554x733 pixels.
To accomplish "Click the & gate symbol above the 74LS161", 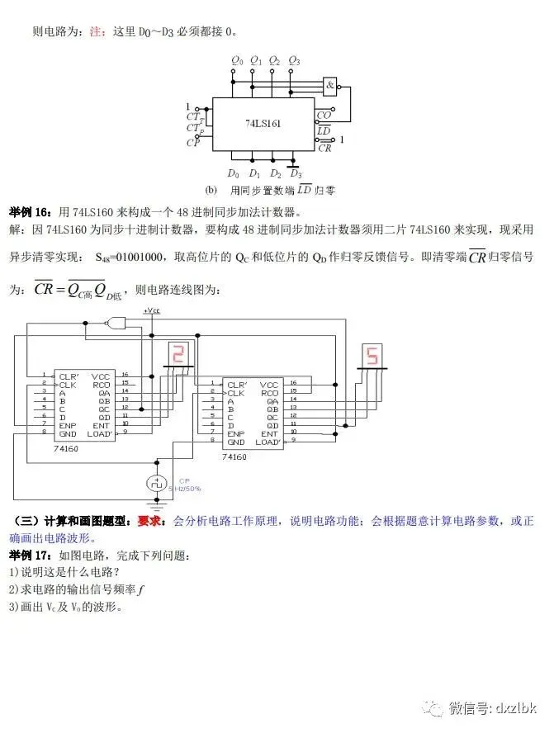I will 330,85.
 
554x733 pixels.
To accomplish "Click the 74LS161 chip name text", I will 263,123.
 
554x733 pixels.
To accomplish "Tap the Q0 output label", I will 236,61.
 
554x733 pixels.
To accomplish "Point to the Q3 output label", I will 294,61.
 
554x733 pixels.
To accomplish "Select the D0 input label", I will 234,173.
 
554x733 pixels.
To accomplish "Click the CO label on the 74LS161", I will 324,116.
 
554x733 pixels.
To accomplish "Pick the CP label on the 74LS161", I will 192,142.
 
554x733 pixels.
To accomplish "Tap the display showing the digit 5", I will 372,356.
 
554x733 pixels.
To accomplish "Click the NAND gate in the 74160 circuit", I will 118,322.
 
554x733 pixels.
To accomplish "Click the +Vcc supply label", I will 152,310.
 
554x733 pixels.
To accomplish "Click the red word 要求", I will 149,521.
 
